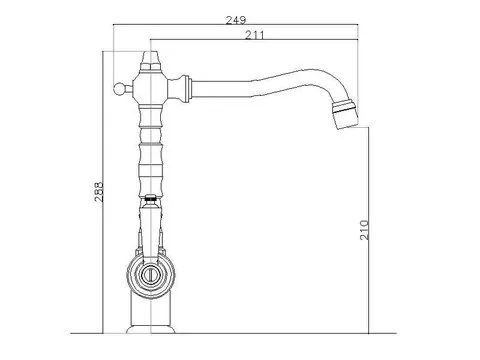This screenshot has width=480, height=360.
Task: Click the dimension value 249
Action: point(236,20)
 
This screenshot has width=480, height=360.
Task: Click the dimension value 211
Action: point(255,35)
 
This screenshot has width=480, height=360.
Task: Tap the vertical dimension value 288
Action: point(99,192)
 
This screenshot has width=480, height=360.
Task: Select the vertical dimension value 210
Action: point(365,230)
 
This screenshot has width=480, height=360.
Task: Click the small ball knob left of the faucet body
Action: point(118,89)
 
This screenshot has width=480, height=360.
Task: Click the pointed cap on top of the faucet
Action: point(150,60)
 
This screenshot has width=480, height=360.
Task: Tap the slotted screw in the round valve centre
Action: point(150,275)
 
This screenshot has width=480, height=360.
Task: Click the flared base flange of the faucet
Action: point(151,329)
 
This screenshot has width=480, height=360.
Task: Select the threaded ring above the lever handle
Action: point(151,197)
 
